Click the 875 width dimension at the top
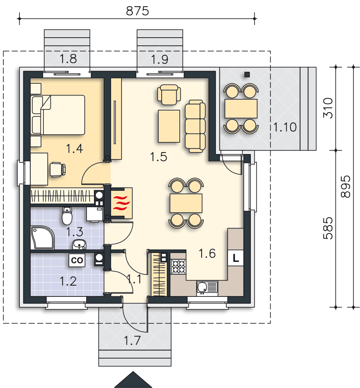pyautogui.click(x=137, y=11)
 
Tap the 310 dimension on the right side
pyautogui.click(x=328, y=108)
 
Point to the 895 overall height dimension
pyautogui.click(x=346, y=187)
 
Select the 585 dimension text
pyautogui.click(x=328, y=228)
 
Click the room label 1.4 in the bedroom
pyautogui.click(x=75, y=149)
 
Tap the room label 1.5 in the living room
pyautogui.click(x=159, y=157)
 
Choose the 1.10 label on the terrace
pyautogui.click(x=285, y=127)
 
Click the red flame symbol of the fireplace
pyautogui.click(x=121, y=203)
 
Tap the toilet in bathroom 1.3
pyautogui.click(x=67, y=216)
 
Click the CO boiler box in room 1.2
pyautogui.click(x=77, y=260)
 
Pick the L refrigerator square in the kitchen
pyautogui.click(x=235, y=258)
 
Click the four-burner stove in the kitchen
pyautogui.click(x=179, y=267)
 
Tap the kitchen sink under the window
pyautogui.click(x=207, y=288)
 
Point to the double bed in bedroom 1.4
pyautogui.click(x=58, y=115)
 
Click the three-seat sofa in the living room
pyautogui.click(x=195, y=126)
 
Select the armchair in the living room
pyautogui.click(x=169, y=95)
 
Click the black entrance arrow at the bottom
pyautogui.click(x=133, y=379)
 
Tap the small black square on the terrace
pyautogui.click(x=247, y=74)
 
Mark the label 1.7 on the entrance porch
pyautogui.click(x=132, y=341)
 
